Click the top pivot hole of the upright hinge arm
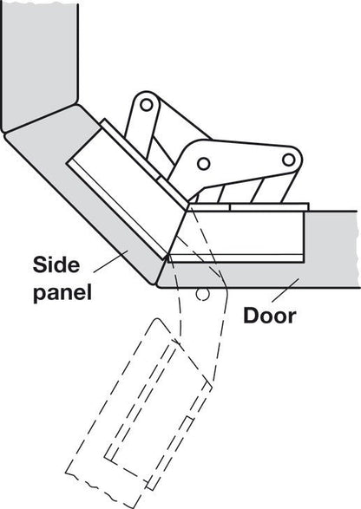point(148,107)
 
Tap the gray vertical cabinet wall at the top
point(39,61)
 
